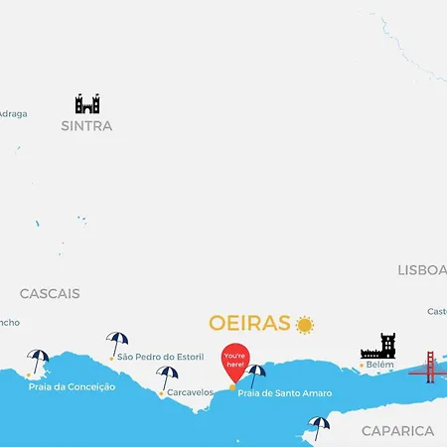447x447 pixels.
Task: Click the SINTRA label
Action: tap(86, 126)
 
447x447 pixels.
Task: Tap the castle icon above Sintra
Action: tap(87, 103)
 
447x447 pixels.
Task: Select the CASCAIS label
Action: tap(50, 294)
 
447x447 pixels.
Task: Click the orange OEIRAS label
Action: tap(249, 324)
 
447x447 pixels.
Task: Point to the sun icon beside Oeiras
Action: tap(304, 325)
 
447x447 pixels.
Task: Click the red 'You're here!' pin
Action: tap(234, 360)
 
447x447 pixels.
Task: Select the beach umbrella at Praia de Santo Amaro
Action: tap(255, 375)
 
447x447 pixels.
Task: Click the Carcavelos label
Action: tap(191, 392)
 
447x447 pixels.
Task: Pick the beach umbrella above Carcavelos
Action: tap(167, 377)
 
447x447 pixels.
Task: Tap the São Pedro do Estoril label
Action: tap(160, 357)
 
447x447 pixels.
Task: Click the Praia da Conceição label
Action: tap(72, 386)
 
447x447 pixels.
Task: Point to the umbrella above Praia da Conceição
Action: tap(38, 360)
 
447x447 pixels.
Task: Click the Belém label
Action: tap(380, 366)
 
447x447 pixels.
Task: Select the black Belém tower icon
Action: tap(378, 346)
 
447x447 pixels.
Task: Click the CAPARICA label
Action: tap(397, 431)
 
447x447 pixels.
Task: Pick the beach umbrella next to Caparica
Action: tap(319, 427)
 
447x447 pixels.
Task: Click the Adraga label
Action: tap(13, 113)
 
